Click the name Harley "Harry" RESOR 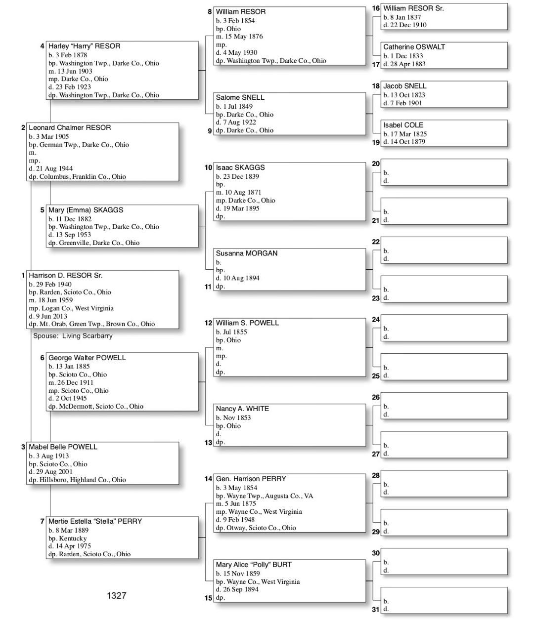point(84,46)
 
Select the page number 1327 point(116,595)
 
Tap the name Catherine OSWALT point(414,47)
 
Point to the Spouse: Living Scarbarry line point(73,336)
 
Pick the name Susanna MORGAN point(246,253)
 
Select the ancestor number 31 point(376,609)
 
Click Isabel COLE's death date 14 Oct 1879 point(407,142)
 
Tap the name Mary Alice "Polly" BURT point(253,565)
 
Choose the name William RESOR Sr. point(413,8)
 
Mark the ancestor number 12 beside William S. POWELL point(208,323)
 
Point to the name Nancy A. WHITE point(242,409)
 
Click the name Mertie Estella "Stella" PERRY point(95,521)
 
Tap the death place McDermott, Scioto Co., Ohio point(101,406)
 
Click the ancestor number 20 point(376,164)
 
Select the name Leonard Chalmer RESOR point(70,127)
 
